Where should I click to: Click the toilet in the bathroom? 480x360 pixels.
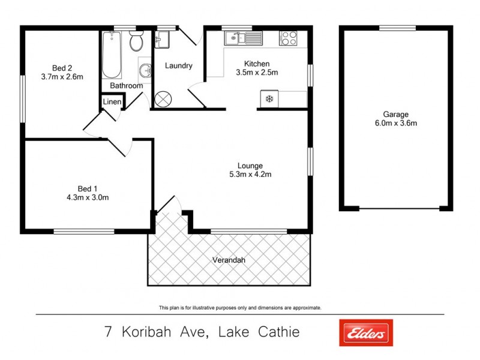point(136,42)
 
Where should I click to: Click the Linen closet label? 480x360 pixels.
point(112,103)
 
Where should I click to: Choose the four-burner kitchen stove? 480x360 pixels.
point(288,38)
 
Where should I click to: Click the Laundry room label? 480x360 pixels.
point(178,66)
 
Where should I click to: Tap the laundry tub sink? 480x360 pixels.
point(162,40)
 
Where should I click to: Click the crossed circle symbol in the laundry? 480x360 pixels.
point(163,99)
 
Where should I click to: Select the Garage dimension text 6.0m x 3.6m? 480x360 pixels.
point(396,124)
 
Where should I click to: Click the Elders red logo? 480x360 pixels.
point(365,332)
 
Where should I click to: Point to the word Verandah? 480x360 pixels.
point(229,260)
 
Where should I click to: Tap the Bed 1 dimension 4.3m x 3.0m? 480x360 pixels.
point(88,197)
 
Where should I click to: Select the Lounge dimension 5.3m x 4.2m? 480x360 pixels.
point(251,175)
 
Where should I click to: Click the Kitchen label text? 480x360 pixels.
point(256,64)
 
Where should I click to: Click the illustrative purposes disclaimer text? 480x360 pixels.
point(240,308)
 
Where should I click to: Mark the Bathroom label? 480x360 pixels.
point(126,86)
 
